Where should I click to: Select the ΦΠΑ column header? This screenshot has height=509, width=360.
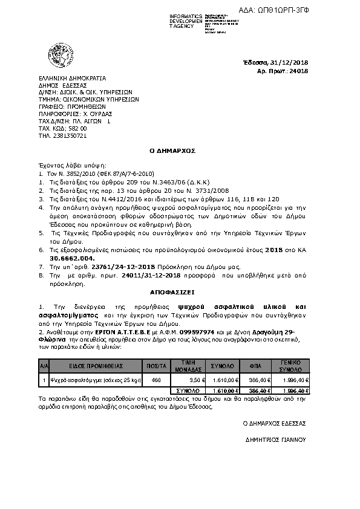click(x=263, y=366)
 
